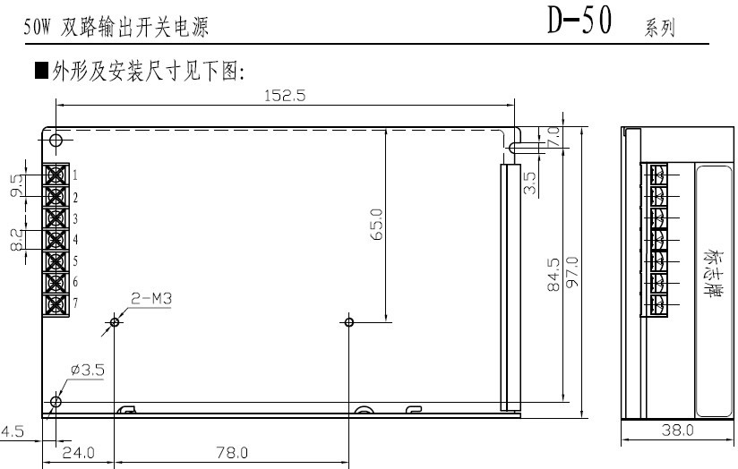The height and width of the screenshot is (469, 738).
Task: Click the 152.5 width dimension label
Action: click(x=285, y=96)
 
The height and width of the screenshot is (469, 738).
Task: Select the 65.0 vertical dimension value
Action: click(x=377, y=225)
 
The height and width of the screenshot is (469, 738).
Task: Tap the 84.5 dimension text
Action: click(x=554, y=274)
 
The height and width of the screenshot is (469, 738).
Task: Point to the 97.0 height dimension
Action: click(x=571, y=272)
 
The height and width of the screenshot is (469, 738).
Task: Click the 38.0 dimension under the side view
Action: click(x=677, y=430)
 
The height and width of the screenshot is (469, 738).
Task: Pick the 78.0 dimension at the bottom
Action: click(x=232, y=453)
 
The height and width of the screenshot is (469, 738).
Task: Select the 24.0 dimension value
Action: click(x=79, y=453)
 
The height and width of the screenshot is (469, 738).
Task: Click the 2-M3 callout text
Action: click(x=151, y=298)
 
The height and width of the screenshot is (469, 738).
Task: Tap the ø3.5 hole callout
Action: click(x=88, y=370)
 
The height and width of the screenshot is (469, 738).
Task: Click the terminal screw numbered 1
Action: click(x=56, y=175)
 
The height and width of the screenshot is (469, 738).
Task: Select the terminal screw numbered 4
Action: click(x=56, y=240)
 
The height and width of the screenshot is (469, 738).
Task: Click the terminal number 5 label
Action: click(x=75, y=261)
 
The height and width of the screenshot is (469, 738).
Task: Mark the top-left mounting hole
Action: click(x=56, y=140)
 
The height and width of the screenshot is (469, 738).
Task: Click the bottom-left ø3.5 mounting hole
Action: click(x=56, y=402)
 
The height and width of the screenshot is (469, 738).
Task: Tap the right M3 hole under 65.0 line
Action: click(x=348, y=322)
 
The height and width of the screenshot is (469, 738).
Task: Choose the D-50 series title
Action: click(x=579, y=21)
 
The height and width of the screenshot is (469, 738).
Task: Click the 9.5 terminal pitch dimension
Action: click(x=17, y=185)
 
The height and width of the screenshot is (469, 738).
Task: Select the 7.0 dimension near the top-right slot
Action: click(x=554, y=136)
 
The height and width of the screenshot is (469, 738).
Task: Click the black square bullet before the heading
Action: click(x=41, y=70)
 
